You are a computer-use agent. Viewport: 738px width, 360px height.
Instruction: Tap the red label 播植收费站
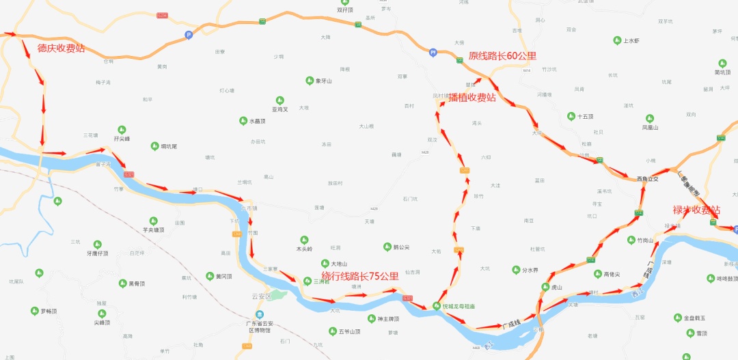[x=472, y=98]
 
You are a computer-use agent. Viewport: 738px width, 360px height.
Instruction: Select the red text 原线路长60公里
[x=502, y=56]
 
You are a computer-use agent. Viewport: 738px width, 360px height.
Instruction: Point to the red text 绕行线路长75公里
[x=360, y=277]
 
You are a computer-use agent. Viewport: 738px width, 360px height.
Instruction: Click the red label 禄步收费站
[x=696, y=210]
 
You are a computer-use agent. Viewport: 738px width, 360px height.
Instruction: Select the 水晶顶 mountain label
[x=257, y=122]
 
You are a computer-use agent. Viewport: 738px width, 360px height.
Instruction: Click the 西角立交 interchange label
[x=648, y=179]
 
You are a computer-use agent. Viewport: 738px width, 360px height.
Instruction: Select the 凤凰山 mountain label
[x=650, y=127]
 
